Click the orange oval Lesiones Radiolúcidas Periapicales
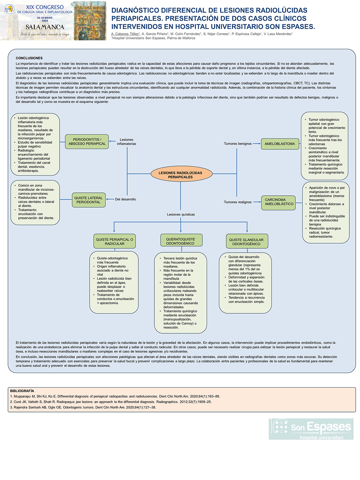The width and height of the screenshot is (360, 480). pyautogui.click(x=181, y=174)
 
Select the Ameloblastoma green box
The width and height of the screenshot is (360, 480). pyautogui.click(x=280, y=144)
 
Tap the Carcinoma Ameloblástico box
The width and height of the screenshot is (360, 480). pyautogui.click(x=278, y=202)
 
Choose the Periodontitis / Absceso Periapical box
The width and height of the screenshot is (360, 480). pyautogui.click(x=87, y=141)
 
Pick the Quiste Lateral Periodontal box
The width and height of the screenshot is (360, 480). pyautogui.click(x=89, y=200)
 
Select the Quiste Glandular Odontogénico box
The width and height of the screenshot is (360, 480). pyautogui.click(x=247, y=241)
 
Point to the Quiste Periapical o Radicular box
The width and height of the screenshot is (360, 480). pyautogui.click(x=115, y=241)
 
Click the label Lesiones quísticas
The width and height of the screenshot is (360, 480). pyautogui.click(x=181, y=215)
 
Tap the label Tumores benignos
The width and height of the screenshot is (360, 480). pyautogui.click(x=238, y=144)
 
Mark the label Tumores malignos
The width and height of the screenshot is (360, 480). pyautogui.click(x=238, y=202)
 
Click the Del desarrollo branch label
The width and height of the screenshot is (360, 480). pyautogui.click(x=125, y=199)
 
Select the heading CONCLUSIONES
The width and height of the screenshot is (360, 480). pyautogui.click(x=29, y=58)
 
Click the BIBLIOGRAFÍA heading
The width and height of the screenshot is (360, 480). pyautogui.click(x=22, y=391)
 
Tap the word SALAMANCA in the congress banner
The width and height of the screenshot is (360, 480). pyautogui.click(x=45, y=27)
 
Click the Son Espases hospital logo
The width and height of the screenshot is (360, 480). pyautogui.click(x=311, y=429)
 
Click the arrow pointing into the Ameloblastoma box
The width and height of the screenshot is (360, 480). pyautogui.click(x=257, y=144)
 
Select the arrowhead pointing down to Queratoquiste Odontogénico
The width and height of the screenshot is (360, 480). pyautogui.click(x=181, y=231)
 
